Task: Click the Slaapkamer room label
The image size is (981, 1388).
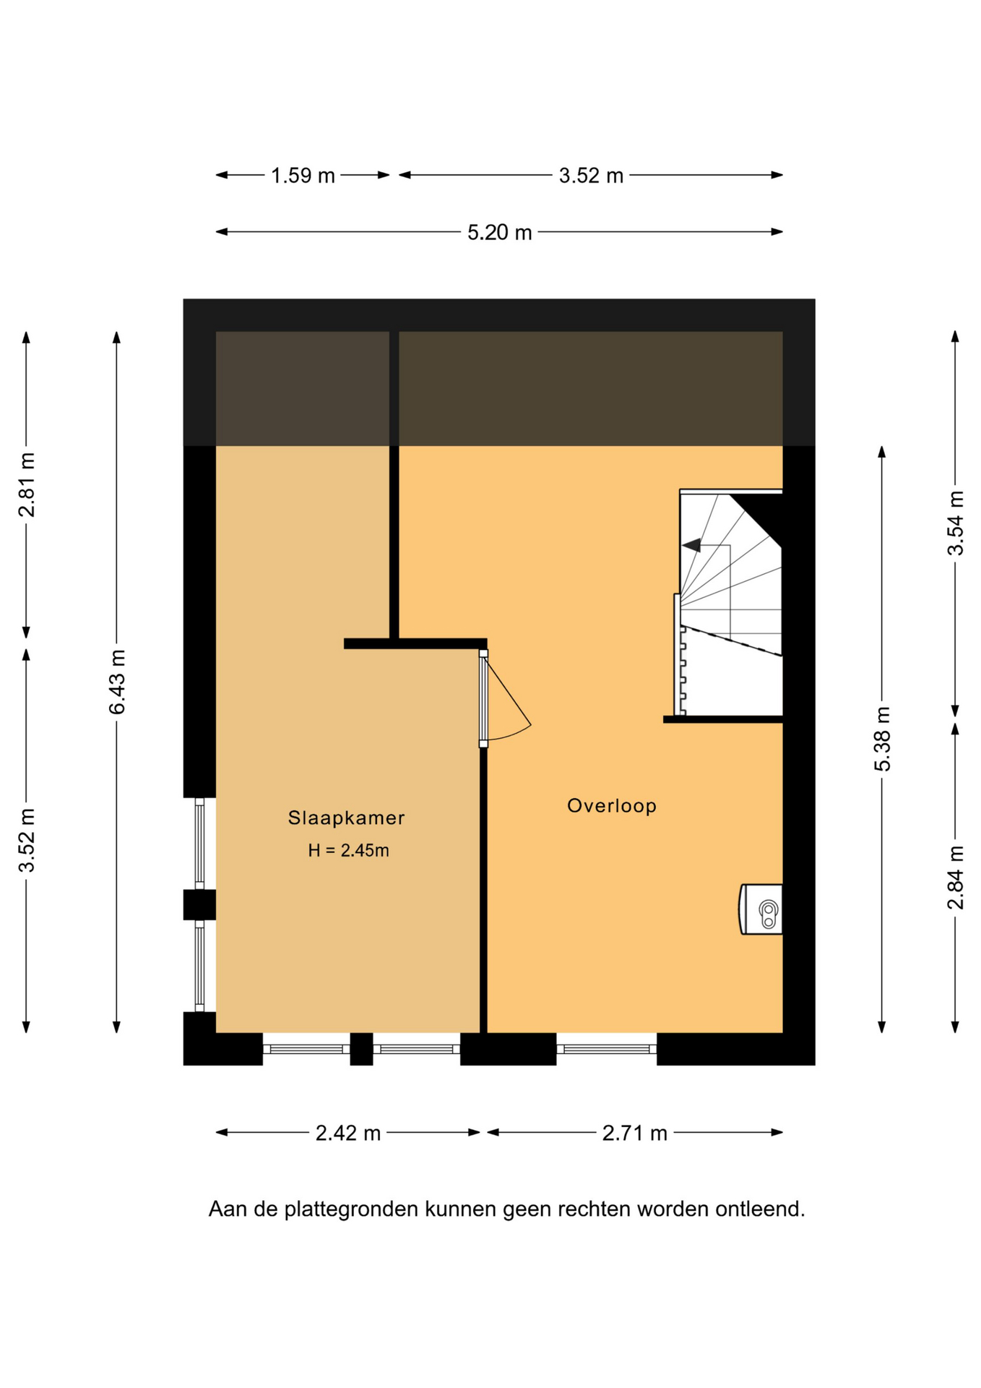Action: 346,818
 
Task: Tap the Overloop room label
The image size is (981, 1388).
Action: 612,806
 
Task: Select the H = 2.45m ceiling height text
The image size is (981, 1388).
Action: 348,850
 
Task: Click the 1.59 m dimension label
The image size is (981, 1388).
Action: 303,176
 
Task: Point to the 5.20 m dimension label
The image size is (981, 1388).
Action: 499,233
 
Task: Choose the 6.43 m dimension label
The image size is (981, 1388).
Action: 117,682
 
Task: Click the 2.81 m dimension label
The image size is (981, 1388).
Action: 27,485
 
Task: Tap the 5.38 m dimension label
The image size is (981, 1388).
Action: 883,739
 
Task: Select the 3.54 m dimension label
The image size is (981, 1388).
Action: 956,523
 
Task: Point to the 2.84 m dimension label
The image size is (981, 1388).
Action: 956,878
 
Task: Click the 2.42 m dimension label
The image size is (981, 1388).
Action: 347,1133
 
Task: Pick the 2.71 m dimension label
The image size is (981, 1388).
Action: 634,1133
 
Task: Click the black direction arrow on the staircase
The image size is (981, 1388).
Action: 691,545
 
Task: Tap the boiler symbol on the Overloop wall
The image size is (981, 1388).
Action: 761,909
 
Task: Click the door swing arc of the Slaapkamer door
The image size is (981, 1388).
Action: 510,736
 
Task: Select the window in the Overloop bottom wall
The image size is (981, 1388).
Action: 607,1049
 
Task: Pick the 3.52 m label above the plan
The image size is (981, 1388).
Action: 591,176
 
